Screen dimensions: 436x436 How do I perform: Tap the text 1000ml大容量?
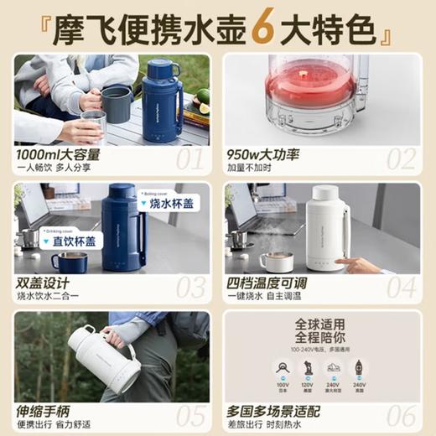(x=62, y=154)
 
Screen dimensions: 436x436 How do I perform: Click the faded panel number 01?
(x=189, y=158)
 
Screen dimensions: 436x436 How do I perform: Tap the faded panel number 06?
(x=400, y=415)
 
